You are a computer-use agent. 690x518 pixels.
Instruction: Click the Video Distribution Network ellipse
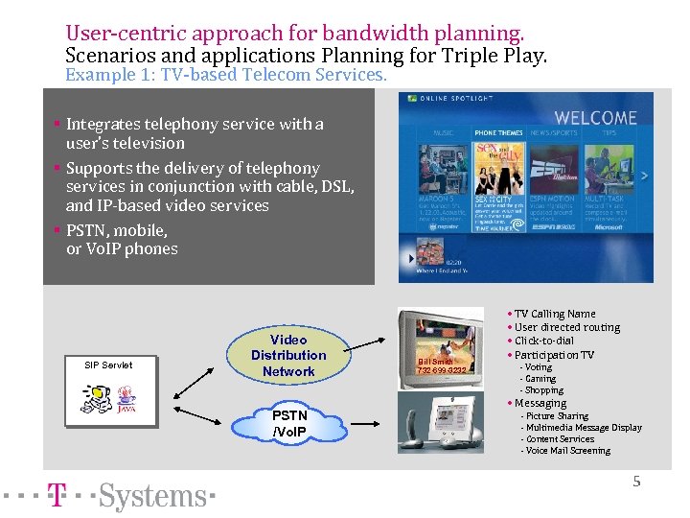point(288,355)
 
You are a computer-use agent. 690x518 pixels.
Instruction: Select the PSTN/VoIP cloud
point(289,423)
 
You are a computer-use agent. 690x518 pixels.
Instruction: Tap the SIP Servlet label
point(108,365)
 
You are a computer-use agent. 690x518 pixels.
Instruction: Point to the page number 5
point(636,482)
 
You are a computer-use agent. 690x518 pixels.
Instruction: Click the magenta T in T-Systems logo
point(58,496)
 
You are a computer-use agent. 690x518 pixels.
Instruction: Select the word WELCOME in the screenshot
point(595,118)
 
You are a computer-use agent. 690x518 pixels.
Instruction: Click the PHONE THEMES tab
point(498,132)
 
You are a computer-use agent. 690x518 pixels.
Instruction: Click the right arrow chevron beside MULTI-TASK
point(644,176)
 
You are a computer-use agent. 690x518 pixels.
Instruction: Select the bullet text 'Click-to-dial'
point(546,341)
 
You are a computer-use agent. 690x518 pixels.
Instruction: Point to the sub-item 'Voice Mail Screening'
point(567,451)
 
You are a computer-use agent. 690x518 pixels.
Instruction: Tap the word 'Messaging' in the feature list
point(543,403)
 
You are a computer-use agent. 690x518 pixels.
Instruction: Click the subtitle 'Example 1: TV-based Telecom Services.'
point(226,74)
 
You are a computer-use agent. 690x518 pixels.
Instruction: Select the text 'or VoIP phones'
point(122,249)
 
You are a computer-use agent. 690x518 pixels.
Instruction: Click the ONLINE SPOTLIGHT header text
point(448,99)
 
